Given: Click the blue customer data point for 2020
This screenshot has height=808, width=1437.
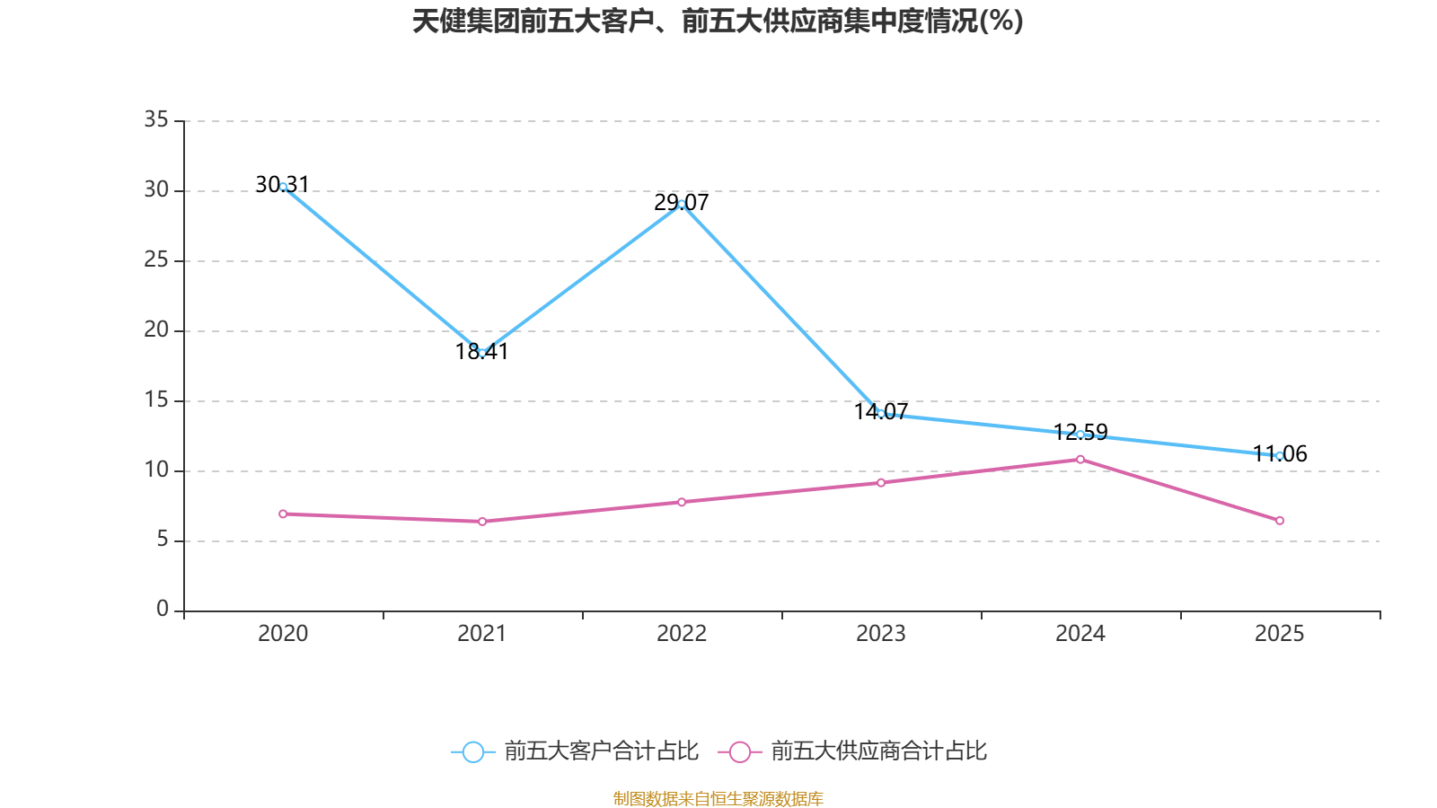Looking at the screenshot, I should click(283, 187).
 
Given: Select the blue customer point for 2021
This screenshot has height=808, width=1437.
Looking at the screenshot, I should click(482, 353).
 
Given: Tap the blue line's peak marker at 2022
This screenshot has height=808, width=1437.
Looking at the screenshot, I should click(682, 205).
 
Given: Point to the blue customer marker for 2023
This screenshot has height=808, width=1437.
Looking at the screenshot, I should click(881, 414).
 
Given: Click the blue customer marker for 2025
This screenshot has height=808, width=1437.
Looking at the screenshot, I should click(1280, 455).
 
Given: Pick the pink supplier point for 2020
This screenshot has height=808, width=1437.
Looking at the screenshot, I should click(283, 514).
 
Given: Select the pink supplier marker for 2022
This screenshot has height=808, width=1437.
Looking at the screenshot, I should click(682, 502).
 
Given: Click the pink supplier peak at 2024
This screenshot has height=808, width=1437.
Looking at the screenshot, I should click(1080, 459).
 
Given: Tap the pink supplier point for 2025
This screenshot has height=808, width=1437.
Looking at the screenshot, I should click(1280, 521).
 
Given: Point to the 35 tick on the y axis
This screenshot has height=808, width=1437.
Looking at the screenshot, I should click(156, 119).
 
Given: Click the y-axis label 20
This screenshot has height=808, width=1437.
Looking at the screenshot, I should click(156, 329).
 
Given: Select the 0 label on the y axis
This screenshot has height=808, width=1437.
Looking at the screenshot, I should click(163, 610).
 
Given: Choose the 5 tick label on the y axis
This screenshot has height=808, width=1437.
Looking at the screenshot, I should click(163, 540).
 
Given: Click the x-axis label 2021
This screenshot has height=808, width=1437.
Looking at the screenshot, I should click(482, 634).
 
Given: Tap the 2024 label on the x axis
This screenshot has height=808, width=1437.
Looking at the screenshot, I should click(1080, 634).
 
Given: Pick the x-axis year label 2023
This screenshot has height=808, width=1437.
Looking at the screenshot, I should click(881, 634).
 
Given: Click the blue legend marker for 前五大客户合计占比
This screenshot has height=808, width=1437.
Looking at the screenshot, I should click(473, 751).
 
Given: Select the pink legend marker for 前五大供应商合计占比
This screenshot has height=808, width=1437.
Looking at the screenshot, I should click(740, 751).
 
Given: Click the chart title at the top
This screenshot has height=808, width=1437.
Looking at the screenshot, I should click(718, 22).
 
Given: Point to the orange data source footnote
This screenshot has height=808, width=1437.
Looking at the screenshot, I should click(718, 798).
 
